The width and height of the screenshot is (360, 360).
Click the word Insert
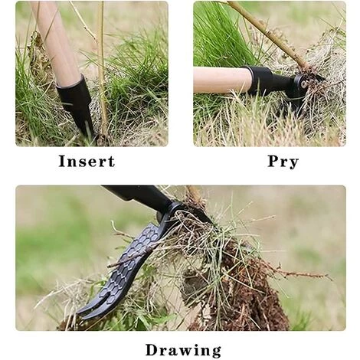[87, 162]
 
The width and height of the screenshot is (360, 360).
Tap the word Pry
[283, 162]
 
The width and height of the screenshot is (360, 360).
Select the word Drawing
[183, 351]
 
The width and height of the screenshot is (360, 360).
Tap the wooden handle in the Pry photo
[221, 80]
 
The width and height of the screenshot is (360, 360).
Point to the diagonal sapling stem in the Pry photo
[268, 34]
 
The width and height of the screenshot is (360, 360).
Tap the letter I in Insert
[62, 162]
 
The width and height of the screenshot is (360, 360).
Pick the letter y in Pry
[293, 164]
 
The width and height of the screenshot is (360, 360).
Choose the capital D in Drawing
[152, 350]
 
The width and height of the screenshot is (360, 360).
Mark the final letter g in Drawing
[216, 352]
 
